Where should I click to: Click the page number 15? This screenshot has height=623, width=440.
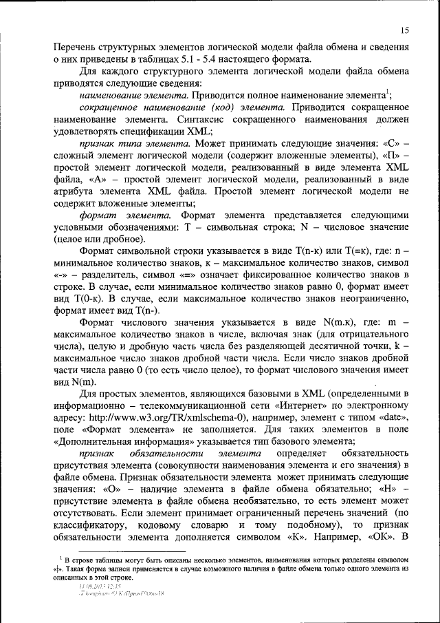tap(404, 30)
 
